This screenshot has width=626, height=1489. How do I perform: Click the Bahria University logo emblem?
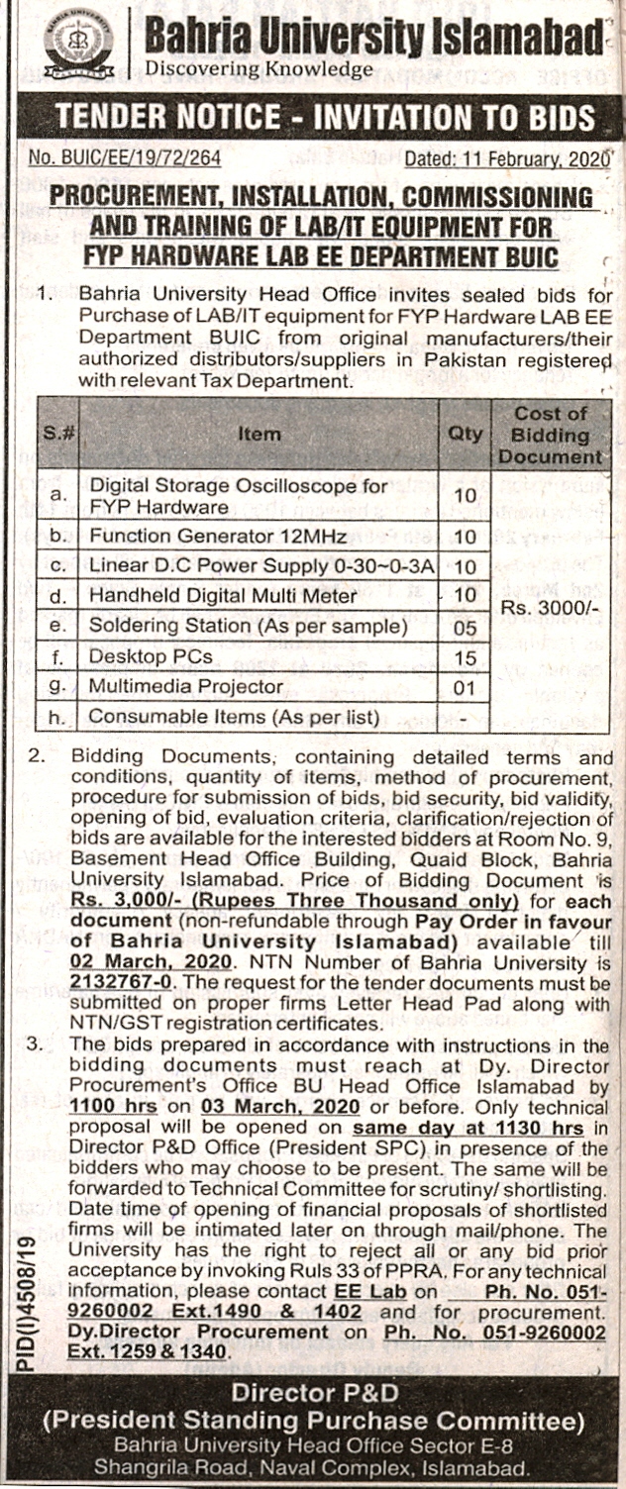tap(78, 45)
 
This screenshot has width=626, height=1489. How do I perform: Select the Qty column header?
tap(466, 434)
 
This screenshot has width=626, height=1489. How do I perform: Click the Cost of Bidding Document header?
tap(551, 435)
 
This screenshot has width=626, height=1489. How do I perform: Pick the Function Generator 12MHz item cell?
tap(218, 537)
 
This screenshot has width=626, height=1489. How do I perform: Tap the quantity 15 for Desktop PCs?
tap(466, 657)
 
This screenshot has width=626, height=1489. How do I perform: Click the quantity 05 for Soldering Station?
tap(466, 628)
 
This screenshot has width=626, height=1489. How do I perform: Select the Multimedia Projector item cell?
tap(186, 686)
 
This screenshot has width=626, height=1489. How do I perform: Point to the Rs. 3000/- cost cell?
tap(551, 607)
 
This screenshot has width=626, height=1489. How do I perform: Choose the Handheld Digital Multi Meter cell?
tap(223, 596)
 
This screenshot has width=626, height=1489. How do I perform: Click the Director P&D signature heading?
tap(313, 1393)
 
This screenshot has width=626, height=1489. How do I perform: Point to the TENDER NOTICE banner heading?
tap(325, 118)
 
